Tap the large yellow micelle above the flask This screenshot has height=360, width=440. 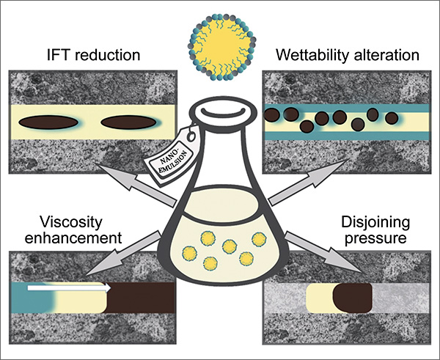pyautogui.click(x=220, y=37)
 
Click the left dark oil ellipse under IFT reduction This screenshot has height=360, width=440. pyautogui.click(x=48, y=121)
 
